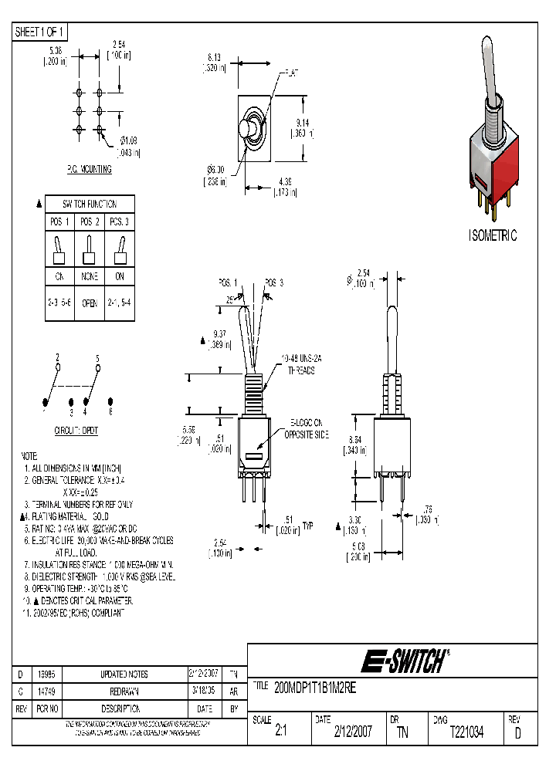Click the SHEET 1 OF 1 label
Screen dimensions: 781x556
click(x=41, y=32)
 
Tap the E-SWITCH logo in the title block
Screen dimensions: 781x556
click(x=405, y=661)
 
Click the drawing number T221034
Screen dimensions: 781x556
click(x=466, y=732)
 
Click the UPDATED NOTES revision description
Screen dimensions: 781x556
click(x=124, y=674)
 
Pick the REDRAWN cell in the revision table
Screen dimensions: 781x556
click(x=124, y=691)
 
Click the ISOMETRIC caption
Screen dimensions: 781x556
click(x=493, y=235)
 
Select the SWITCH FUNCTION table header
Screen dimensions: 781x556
click(x=90, y=205)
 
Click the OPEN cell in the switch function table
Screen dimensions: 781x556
click(x=90, y=303)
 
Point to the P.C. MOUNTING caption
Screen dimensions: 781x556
click(x=89, y=169)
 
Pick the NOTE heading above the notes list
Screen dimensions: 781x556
click(x=29, y=456)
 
